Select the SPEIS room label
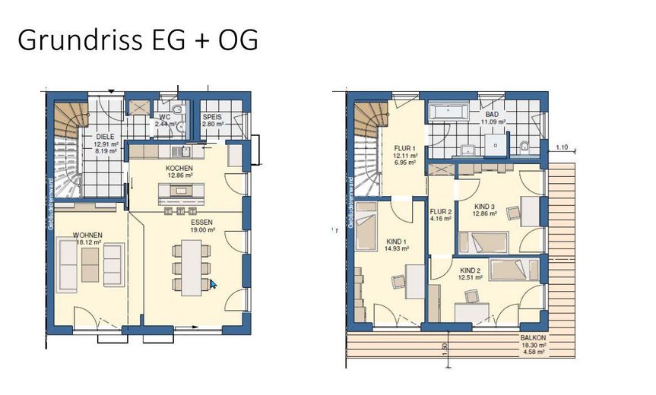pyautogui.click(x=212, y=117)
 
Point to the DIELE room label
pyautogui.click(x=105, y=136)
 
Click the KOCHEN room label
pyautogui.click(x=179, y=168)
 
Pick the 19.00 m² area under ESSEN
pyautogui.click(x=204, y=229)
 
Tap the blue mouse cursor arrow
pyautogui.click(x=214, y=284)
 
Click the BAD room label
pyautogui.click(x=492, y=115)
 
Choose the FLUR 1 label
pyautogui.click(x=405, y=148)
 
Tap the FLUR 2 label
pyautogui.click(x=441, y=212)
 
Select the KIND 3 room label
pyautogui.click(x=485, y=207)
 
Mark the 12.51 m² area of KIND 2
pyautogui.click(x=471, y=277)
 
